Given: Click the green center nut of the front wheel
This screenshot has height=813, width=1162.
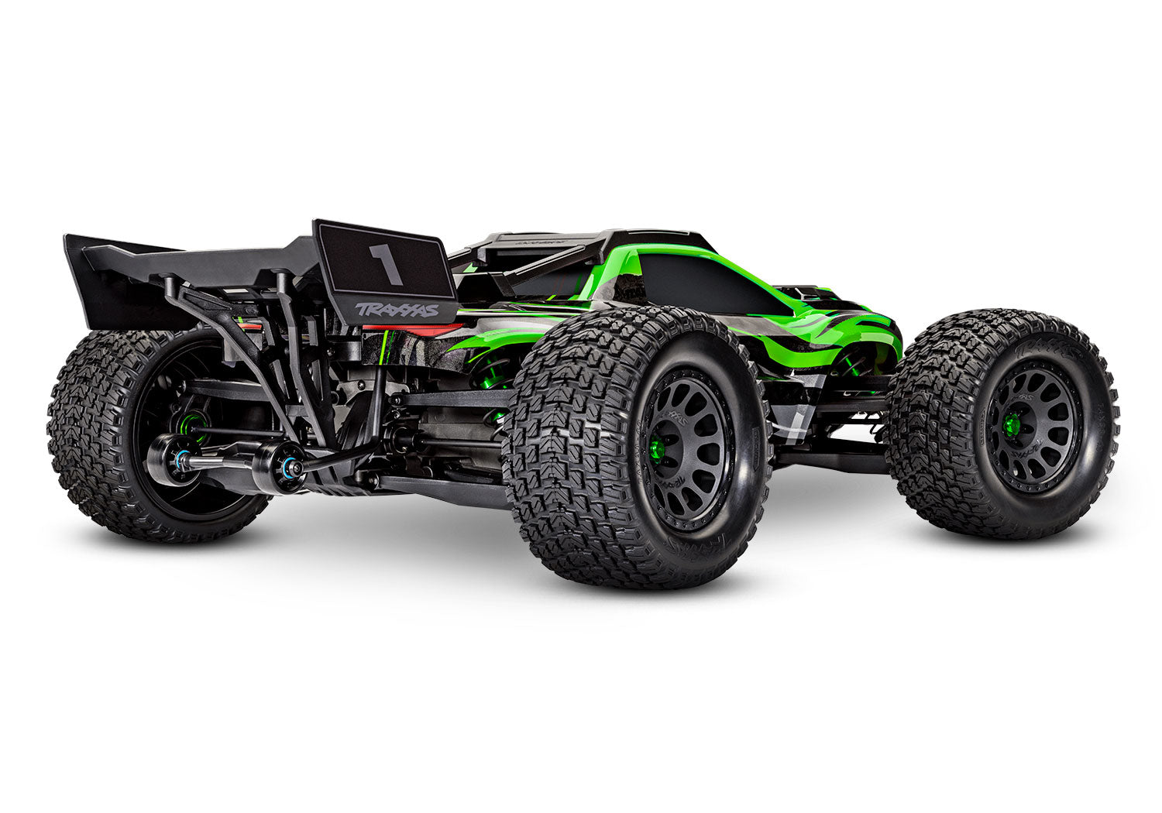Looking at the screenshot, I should [x=1010, y=422].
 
